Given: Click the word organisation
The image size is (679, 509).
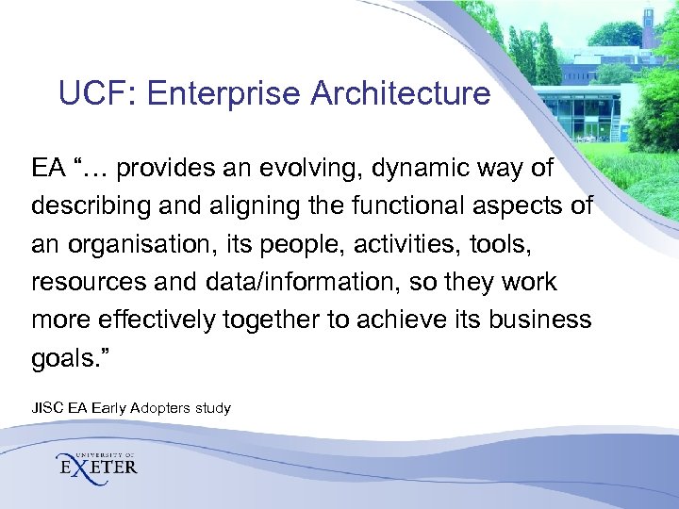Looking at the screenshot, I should click(x=136, y=244).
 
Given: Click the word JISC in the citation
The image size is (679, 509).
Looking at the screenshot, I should click(x=45, y=408).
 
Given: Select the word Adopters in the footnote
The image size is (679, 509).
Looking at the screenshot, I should click(x=158, y=408).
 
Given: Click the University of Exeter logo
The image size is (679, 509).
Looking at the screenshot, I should click(x=97, y=463).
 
